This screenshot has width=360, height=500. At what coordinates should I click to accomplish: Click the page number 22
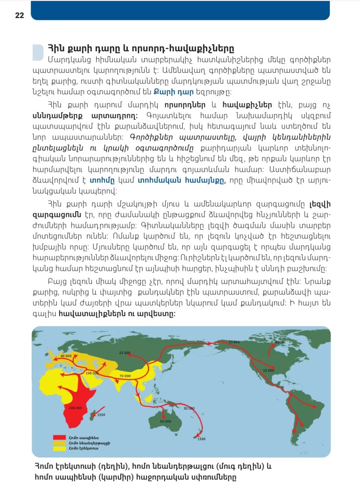click(x=20, y=15)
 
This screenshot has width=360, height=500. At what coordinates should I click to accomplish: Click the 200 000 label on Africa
click(x=75, y=408)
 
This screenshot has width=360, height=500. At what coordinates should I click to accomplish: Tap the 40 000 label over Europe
click(x=66, y=356)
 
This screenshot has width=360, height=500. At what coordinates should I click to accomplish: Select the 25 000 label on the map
click(x=125, y=352)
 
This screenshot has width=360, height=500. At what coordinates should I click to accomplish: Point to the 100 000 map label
click(x=92, y=373)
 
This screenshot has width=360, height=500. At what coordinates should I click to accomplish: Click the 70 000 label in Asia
click(x=124, y=376)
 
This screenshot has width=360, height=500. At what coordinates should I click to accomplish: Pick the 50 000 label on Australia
click(x=166, y=421)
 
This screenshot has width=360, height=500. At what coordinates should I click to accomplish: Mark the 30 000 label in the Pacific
click(x=189, y=408)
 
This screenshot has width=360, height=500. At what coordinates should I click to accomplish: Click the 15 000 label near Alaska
click(x=234, y=342)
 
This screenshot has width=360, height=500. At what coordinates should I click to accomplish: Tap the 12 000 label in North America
click(x=268, y=370)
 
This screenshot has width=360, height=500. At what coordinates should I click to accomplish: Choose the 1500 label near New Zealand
click(x=201, y=438)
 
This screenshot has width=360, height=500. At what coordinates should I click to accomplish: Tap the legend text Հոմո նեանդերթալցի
click(x=83, y=442)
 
